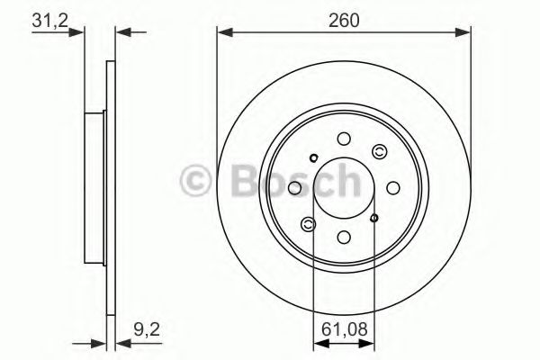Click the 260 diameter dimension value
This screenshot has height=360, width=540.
pos(344,20)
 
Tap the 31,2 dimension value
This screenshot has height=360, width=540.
pos(49,21)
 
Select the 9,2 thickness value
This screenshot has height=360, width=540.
pos(147,329)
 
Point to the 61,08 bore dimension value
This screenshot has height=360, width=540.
pos(345,329)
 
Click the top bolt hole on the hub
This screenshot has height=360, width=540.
pos(344,139)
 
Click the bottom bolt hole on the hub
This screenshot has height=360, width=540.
pos(344,237)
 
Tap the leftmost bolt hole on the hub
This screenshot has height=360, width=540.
pos(294,188)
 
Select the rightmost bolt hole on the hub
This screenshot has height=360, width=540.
pos(393,188)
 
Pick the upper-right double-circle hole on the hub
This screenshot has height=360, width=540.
pos(380,151)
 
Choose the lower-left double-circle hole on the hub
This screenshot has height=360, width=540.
pos(308,224)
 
